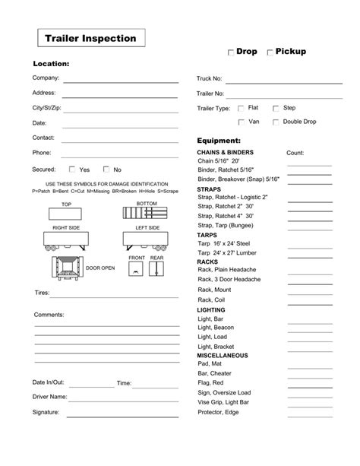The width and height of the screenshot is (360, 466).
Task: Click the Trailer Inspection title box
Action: pos(90,37)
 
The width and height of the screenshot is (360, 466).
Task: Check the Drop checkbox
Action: pos(231,53)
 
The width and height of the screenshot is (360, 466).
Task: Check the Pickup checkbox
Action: pos(270,53)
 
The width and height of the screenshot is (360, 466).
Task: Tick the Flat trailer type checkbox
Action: pos(241,109)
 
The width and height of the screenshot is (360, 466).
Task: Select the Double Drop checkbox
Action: pos(276,122)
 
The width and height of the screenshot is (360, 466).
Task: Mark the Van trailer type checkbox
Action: pos(241,122)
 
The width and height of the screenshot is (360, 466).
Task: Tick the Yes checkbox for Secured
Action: pos(72,170)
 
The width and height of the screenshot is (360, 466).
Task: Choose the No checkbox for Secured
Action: pos(106,170)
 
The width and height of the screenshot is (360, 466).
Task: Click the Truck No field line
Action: pos(278,80)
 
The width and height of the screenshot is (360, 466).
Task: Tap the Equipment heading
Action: pos(219,141)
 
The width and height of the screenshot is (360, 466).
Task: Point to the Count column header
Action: pos(295,153)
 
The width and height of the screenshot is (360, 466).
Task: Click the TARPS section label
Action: pos(207,235)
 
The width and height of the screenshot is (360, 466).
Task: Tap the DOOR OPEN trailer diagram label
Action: pos(99,268)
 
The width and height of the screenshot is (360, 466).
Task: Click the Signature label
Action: pos(46,412)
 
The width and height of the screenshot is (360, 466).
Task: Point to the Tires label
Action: pos(42,292)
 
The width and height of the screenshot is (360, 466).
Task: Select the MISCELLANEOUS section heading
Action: pos(222,355)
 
